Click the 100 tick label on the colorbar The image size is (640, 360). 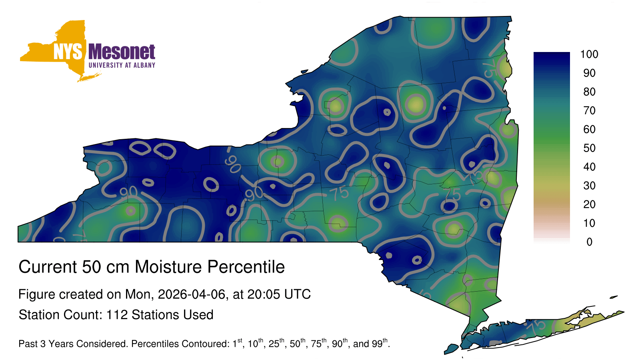click(589, 54)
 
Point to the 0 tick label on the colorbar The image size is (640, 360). click(589, 242)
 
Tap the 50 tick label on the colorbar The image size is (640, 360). click(589, 148)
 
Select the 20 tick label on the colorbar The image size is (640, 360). click(589, 204)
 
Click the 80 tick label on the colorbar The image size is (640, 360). click(589, 92)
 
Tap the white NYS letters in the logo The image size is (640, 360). click(68, 52)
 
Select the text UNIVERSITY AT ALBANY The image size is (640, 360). click(122, 65)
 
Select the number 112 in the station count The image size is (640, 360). click(117, 315)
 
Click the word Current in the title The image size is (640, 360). click(48, 267)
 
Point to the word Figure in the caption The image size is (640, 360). click(36, 295)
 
